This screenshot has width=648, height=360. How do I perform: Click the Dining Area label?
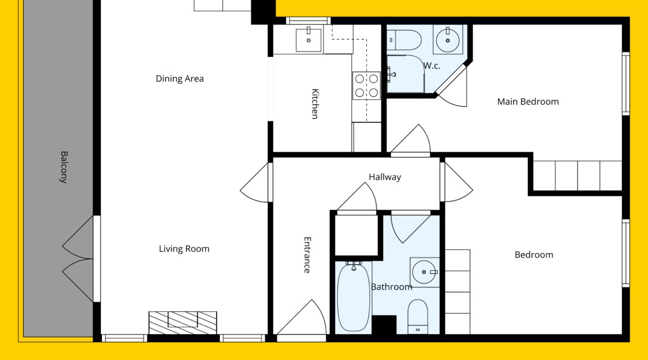coord(180,79)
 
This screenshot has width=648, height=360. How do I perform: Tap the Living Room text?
coord(184,249)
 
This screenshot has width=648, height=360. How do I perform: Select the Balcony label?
coord(64,167)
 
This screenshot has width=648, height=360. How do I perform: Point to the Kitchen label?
coord(315,104)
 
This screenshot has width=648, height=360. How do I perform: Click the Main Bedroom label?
coord(528,102)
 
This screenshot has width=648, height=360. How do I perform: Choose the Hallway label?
coord(385,177)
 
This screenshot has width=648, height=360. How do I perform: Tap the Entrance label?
coord(307,255)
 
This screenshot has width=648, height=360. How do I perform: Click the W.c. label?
coord(432,66)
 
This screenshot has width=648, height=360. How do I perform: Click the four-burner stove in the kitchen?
coord(367,85)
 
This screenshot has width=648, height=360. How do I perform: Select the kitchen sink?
coord(308,40)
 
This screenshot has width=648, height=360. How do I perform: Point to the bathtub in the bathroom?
coord(353,297)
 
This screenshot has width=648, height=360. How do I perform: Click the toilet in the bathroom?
coord(418,316)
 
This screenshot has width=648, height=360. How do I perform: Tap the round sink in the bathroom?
coord(424,272)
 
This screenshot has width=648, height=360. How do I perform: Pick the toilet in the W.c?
coord(404,40)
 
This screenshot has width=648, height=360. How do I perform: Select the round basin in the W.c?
coord(448,40)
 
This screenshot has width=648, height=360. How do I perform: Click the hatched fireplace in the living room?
coord(183,323)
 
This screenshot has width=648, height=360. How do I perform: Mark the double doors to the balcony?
coord(79,259)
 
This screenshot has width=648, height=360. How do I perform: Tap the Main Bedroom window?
coord(626,84)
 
